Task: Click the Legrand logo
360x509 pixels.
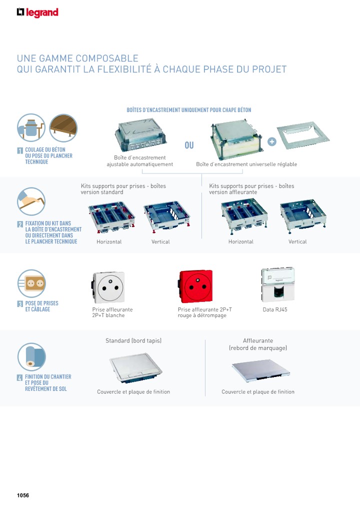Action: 37,12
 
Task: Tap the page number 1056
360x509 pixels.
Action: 23,495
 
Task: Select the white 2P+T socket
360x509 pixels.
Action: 108,287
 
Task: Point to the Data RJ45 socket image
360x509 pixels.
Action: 277,284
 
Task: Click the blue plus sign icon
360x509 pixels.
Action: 271,141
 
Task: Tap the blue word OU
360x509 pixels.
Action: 189,145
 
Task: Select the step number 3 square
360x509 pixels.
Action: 20,304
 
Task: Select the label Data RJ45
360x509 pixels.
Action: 275,310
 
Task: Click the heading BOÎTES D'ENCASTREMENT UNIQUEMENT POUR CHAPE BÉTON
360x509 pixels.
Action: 189,110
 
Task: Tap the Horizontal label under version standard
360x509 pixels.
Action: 109,242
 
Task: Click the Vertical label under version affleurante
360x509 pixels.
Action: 297,242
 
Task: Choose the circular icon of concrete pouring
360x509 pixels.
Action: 31,127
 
